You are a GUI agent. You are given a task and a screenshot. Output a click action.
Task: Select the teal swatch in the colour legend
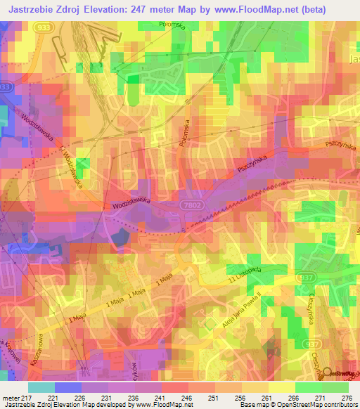pos(41,387)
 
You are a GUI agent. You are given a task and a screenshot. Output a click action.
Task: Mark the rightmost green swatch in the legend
pos(335,387)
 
